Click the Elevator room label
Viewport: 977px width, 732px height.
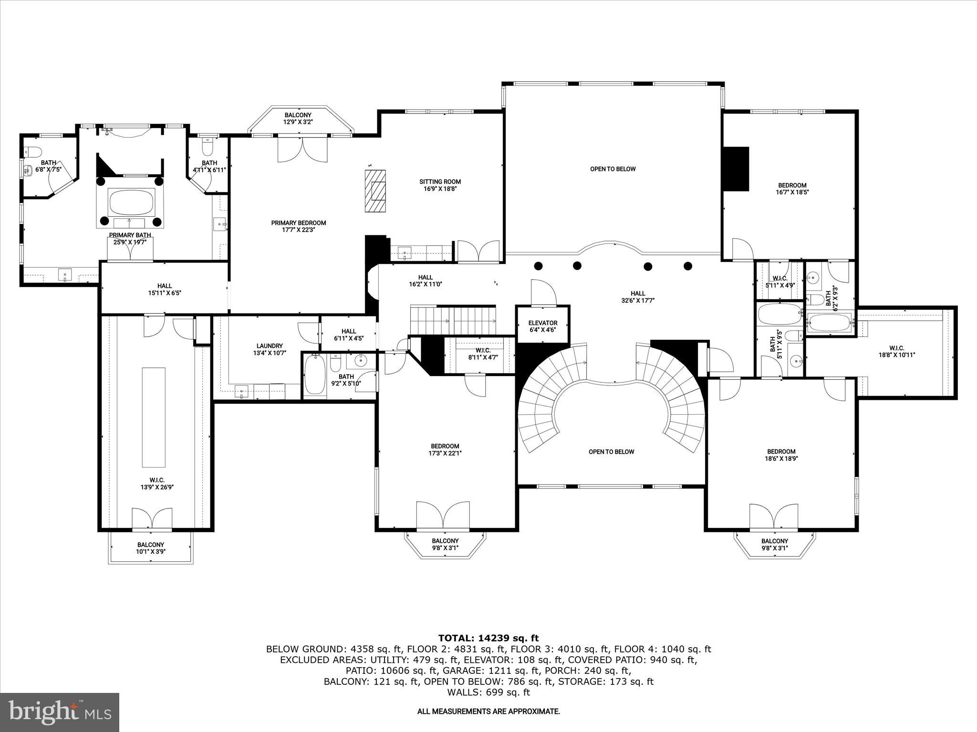(542, 326)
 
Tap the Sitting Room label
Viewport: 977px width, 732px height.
(440, 185)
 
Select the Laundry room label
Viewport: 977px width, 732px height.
(270, 349)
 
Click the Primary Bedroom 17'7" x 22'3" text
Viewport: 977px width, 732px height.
(298, 226)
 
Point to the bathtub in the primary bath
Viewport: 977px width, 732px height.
(132, 203)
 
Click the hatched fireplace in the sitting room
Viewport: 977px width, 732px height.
(375, 191)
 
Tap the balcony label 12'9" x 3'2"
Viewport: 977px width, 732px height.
(298, 118)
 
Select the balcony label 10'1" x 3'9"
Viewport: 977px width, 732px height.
(151, 548)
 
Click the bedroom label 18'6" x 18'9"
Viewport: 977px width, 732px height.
(781, 455)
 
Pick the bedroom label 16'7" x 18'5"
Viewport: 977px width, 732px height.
(792, 189)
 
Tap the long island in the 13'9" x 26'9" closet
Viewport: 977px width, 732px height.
(154, 417)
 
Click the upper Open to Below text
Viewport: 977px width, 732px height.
(613, 169)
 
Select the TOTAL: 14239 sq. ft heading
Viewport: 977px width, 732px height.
(488, 638)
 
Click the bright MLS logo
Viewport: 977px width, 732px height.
(60, 712)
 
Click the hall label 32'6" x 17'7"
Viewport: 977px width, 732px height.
(637, 297)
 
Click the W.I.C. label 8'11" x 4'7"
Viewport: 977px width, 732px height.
(483, 354)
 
